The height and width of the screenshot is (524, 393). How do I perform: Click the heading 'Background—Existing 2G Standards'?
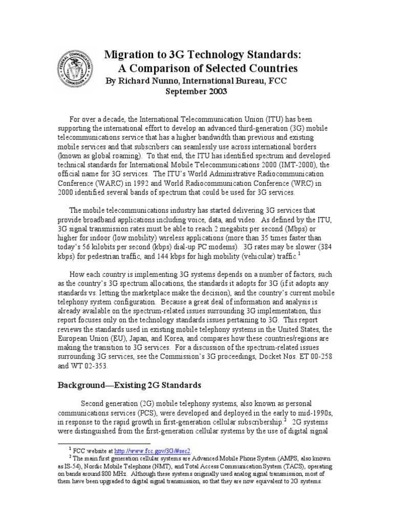pos(129,384)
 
